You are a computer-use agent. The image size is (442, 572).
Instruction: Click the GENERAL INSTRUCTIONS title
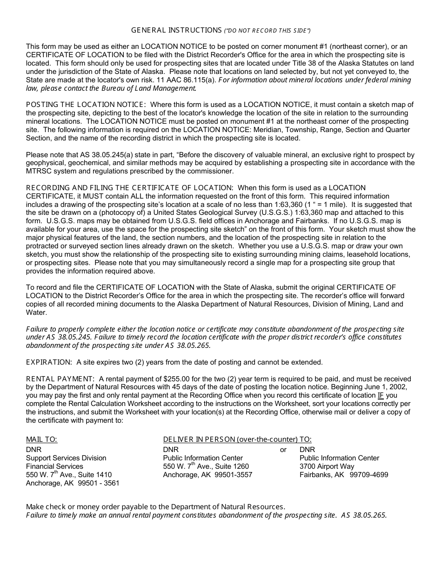(176, 30)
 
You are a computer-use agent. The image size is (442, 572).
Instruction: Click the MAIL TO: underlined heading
(41, 439)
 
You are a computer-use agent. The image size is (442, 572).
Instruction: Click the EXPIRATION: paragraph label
(49, 362)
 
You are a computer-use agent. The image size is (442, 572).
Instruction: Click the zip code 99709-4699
(369, 475)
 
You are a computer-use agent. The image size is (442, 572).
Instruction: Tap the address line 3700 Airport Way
(327, 466)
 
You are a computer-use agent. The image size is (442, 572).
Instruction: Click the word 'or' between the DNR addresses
(283, 450)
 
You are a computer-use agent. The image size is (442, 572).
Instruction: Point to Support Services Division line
(66, 458)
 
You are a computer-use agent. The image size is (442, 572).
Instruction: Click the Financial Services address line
(54, 466)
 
